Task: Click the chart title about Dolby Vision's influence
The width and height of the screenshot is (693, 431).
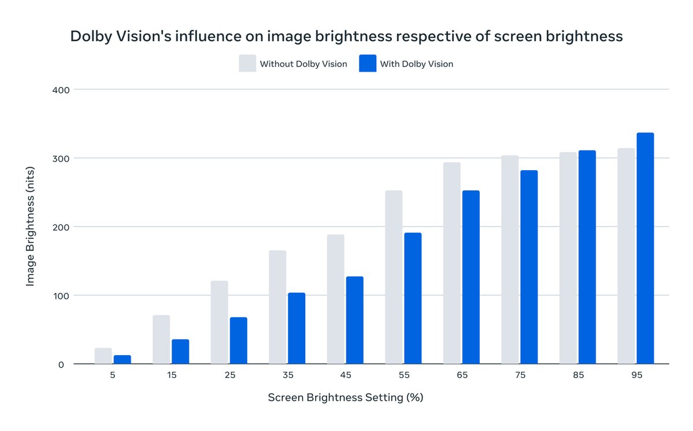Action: tap(346, 36)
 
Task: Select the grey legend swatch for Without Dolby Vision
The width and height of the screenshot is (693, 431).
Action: tap(247, 64)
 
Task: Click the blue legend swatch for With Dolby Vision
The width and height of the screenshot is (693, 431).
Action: tap(368, 64)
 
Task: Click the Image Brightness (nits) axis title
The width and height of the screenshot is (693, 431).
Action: tap(30, 227)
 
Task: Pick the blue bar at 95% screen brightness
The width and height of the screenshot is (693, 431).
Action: tap(645, 249)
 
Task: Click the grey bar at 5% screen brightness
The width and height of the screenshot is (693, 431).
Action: tap(103, 356)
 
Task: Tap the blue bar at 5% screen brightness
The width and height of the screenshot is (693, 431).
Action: tap(123, 360)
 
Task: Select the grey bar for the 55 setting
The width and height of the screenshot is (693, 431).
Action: tap(394, 278)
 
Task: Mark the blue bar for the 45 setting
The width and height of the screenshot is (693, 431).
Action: tap(355, 321)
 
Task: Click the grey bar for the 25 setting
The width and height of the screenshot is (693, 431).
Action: tap(219, 323)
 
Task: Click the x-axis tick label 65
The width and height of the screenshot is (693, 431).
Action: tap(462, 375)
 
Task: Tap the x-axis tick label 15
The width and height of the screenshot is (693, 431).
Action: tap(172, 375)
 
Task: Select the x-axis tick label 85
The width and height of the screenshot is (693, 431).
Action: tap(579, 375)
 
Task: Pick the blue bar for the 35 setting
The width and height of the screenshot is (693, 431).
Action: tap(297, 329)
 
